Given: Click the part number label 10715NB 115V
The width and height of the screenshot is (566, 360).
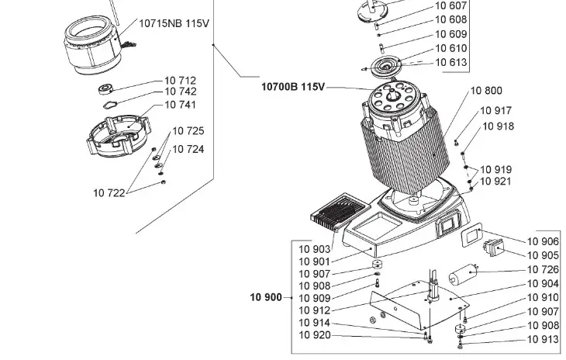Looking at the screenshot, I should [x=174, y=23].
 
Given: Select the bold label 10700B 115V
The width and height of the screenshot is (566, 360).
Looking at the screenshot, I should [x=293, y=86].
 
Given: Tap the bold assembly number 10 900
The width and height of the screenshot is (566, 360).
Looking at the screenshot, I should [x=266, y=297].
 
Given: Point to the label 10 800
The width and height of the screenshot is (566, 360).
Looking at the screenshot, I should [x=486, y=91].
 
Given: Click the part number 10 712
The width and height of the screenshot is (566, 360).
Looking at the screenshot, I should [x=180, y=80].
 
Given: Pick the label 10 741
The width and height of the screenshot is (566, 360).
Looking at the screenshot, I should [x=180, y=105].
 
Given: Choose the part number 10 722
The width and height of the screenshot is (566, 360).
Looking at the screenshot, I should [x=109, y=192].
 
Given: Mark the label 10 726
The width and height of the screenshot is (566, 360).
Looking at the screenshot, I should [x=543, y=269].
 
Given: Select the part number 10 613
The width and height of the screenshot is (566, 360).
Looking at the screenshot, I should [x=450, y=62].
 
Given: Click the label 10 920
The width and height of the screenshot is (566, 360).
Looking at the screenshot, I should [x=315, y=335].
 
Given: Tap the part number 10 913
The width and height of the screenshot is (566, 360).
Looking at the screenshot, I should [x=543, y=339].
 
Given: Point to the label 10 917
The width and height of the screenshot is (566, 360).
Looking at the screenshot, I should [x=496, y=111].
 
